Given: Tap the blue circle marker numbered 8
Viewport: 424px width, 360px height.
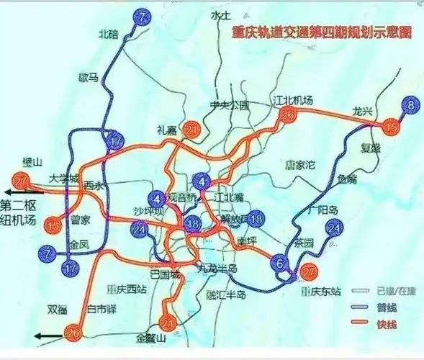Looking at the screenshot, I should pos(410,107).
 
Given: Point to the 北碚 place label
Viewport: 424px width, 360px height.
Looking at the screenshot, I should pos(108,34).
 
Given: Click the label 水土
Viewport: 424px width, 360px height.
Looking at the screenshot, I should pos(220,16).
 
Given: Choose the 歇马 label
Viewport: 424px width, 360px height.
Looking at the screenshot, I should pos(88,77).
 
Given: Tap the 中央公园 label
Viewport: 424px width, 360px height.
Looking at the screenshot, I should pos(229,105).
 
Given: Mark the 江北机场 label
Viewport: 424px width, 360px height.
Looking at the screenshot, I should pos(293,100).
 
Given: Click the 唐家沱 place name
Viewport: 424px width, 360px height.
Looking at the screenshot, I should pos(301,165).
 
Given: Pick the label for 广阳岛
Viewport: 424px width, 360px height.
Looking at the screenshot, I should pos(318,210).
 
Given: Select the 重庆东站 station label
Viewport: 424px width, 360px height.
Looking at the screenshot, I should pos(320,292).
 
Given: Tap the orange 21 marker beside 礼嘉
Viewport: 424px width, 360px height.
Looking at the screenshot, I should pos(191,129).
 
